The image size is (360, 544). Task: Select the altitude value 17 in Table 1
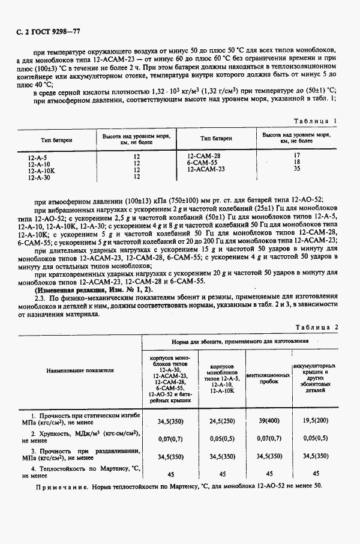[x=296, y=156]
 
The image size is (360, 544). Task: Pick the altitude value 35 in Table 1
[x=296, y=169]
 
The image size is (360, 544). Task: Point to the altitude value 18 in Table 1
[x=296, y=162]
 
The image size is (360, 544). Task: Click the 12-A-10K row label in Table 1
[x=41, y=170]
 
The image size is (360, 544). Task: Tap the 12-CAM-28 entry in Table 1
[x=204, y=156]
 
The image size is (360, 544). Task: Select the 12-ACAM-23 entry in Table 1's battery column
[x=206, y=169]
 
